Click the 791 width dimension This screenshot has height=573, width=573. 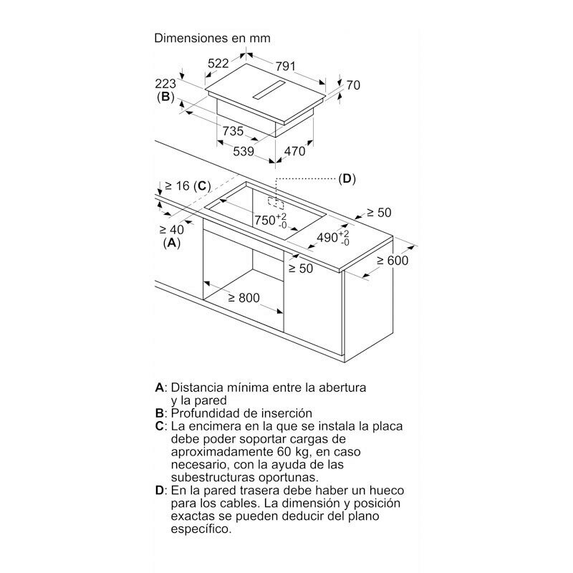tap(285, 66)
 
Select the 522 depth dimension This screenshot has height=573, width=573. tap(218, 63)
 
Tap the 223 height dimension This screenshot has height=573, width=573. tap(165, 84)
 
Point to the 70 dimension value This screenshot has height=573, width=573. tap(353, 85)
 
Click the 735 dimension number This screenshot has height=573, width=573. tap(233, 131)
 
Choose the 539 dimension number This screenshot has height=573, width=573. tap(244, 151)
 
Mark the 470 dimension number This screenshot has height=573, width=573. tap(294, 151)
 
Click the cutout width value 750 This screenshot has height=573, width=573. tap(265, 221)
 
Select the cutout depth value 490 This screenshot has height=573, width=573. tap(327, 238)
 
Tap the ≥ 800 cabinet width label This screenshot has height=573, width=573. tap(244, 298)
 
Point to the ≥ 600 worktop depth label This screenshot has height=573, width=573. tap(393, 261)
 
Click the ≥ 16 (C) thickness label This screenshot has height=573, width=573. tap(188, 186)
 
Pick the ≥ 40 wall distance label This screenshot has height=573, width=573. tap(172, 230)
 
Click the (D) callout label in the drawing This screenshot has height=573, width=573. tap(347, 178)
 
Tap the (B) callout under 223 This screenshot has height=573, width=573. tap(165, 97)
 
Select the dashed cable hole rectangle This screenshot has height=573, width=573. tap(276, 203)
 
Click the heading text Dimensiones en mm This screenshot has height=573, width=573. tap(212, 38)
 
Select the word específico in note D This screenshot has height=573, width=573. tap(201, 529)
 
